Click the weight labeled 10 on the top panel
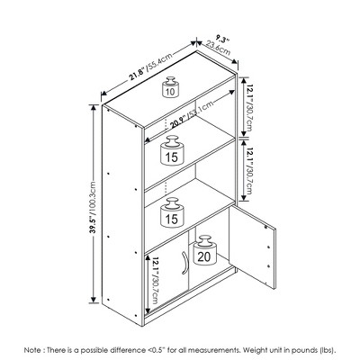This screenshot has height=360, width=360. pos(170,87)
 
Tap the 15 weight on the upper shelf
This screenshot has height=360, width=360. pos(172,150)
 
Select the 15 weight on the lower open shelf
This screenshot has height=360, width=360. pos(172,212)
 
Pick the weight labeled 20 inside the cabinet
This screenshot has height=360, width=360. pos(204,250)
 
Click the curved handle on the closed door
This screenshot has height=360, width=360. pos(184,263)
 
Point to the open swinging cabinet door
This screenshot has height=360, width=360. pos(252,247)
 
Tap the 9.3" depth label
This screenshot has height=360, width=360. pos(222,40)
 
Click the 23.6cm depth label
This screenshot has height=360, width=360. pos(219,49)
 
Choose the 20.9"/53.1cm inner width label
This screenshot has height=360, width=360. pos(192,114)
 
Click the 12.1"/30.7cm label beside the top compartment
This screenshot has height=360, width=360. pos(249,108)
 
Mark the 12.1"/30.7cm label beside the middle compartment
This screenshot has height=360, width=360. pos(249,171)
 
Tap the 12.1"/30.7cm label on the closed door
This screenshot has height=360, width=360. pos(154,280)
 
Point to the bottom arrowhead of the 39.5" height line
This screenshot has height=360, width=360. pos(94,300)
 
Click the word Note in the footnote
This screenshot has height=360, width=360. pos(31,350)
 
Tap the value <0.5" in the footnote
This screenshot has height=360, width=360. pos(157,350)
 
